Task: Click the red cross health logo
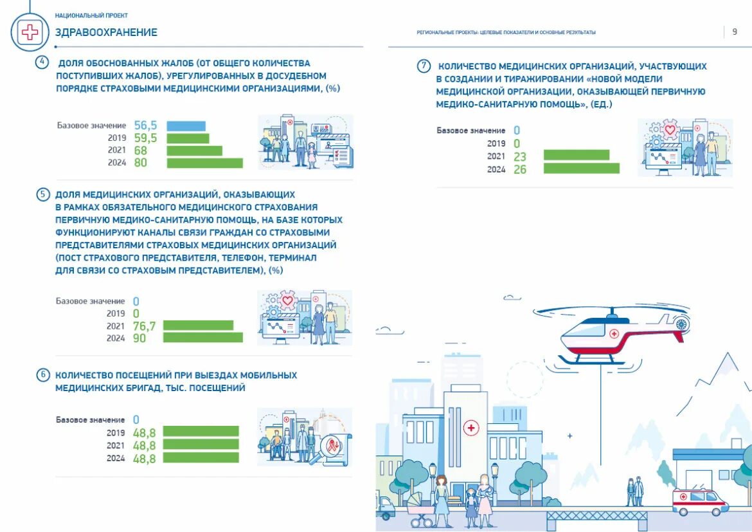click(x=30, y=32)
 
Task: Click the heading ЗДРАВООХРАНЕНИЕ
click(x=106, y=32)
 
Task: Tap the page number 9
click(x=735, y=32)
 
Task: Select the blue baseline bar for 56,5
click(x=186, y=126)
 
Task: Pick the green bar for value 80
click(x=204, y=163)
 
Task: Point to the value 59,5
click(x=145, y=138)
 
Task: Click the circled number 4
click(x=42, y=63)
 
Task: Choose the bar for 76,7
click(x=198, y=326)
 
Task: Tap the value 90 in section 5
click(x=139, y=338)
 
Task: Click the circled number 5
click(x=42, y=194)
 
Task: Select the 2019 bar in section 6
click(x=201, y=432)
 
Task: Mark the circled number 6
click(x=42, y=375)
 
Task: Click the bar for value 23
click(x=576, y=155)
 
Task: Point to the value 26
click(x=520, y=169)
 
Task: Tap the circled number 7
click(x=423, y=66)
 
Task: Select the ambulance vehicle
click(x=700, y=502)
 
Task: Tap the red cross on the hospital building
click(x=471, y=428)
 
